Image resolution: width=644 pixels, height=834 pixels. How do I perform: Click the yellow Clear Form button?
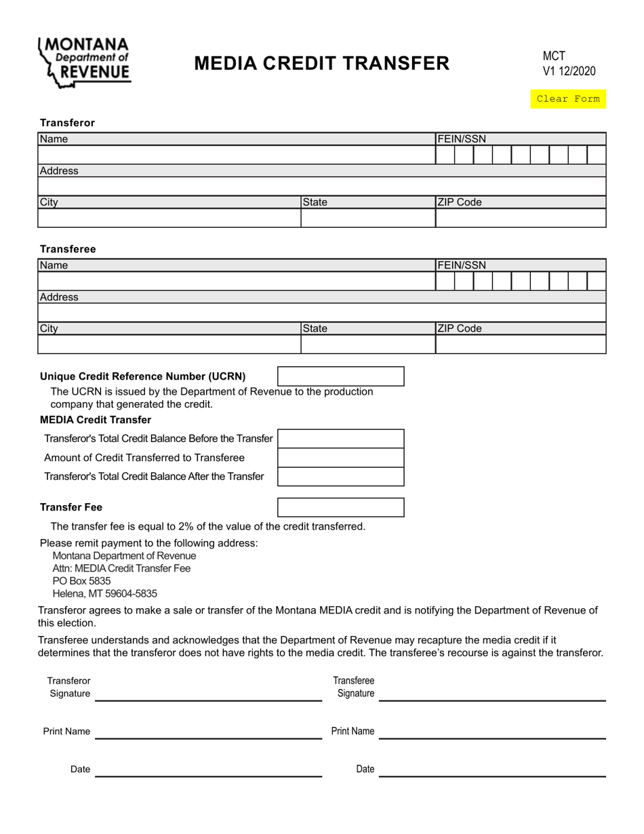(568, 99)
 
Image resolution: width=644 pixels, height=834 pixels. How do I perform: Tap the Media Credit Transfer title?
(321, 63)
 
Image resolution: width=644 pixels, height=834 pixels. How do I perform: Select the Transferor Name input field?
(236, 155)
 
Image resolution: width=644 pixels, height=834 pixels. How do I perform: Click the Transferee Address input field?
(321, 313)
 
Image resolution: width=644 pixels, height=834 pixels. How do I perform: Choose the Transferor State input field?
(367, 218)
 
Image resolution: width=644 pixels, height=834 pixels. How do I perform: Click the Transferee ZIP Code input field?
(520, 344)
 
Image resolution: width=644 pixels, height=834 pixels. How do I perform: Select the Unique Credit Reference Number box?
(341, 376)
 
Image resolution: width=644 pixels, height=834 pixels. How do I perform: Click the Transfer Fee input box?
(341, 507)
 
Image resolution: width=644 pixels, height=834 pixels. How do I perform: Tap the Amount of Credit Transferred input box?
(341, 458)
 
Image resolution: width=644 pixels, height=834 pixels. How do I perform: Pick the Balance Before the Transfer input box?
(341, 439)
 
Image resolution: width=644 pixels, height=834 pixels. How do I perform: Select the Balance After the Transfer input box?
(341, 477)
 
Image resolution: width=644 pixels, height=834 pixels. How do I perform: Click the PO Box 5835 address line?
(81, 581)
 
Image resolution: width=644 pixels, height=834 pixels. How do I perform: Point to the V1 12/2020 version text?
(569, 71)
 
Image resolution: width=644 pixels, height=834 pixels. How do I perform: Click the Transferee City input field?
(169, 344)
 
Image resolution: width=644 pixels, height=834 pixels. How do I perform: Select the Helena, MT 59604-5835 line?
(104, 594)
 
